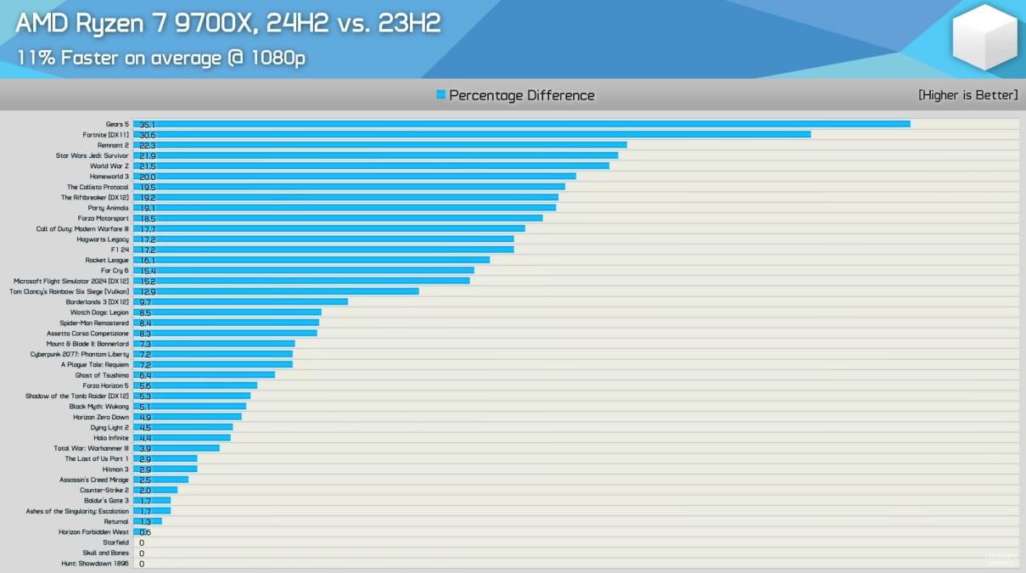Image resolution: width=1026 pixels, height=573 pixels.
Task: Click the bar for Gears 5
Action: (x=521, y=124)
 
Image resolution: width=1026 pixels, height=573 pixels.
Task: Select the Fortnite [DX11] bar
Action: (x=472, y=134)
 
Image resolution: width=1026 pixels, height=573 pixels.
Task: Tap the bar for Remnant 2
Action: (x=380, y=145)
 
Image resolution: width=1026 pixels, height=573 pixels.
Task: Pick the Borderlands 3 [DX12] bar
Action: (x=240, y=302)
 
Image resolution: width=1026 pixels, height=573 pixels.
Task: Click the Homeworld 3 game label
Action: (x=109, y=177)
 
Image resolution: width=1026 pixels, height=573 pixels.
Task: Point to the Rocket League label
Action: (x=107, y=261)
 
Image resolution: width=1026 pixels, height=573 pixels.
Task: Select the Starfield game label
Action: (x=115, y=542)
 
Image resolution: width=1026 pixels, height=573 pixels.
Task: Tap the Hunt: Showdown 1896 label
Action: (x=95, y=564)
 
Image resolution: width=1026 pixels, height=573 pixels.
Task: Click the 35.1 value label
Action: (x=147, y=125)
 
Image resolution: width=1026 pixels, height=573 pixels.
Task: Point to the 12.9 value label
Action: (x=147, y=292)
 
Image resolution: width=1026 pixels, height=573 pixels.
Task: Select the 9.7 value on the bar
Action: (x=145, y=302)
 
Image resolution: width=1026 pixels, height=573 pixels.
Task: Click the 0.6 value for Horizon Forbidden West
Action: (x=145, y=532)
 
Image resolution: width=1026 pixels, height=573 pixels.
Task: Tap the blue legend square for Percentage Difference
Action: (x=440, y=95)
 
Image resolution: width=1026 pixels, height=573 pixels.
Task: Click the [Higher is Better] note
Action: (x=967, y=95)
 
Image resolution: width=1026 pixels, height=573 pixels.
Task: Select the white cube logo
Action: (x=984, y=37)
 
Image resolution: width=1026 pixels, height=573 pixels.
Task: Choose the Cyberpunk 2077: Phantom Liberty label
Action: (x=80, y=355)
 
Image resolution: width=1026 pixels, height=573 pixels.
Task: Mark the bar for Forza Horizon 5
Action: (x=194, y=385)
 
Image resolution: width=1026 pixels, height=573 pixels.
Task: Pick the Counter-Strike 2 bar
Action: (x=155, y=490)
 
